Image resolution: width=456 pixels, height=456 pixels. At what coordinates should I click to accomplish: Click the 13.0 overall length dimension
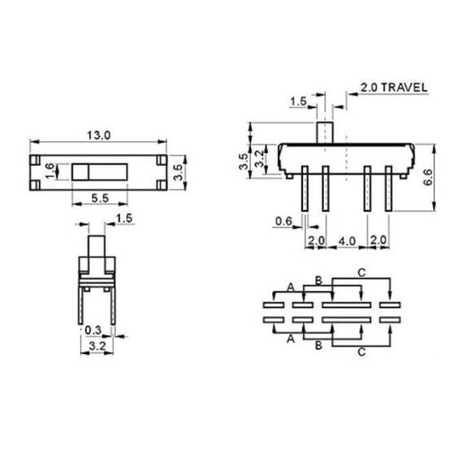(101, 135)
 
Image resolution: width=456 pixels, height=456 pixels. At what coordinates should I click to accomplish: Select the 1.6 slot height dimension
(49, 171)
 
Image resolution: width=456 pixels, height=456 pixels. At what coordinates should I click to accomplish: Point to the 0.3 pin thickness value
(94, 331)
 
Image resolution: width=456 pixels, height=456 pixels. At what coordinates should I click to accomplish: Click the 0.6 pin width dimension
(283, 221)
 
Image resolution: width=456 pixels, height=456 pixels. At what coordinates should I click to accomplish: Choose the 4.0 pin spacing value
(347, 242)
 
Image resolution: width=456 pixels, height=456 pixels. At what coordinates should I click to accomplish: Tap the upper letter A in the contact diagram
(291, 285)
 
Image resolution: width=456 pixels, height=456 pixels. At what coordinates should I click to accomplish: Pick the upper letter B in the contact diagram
(319, 279)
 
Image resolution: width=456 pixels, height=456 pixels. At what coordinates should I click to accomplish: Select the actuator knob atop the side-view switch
(325, 132)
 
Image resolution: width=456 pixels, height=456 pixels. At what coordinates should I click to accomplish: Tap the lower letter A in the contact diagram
(291, 340)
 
